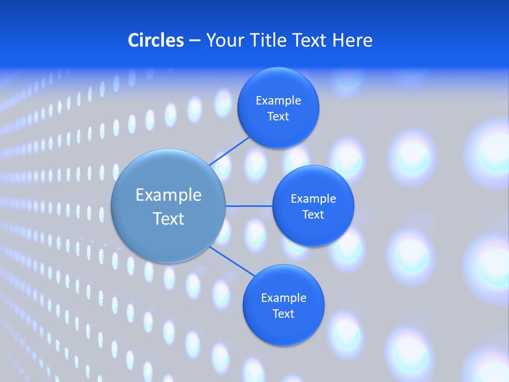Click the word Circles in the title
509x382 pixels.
[155, 40]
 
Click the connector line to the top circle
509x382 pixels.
[229, 151]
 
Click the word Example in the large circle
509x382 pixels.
[169, 195]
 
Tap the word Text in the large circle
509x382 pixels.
[169, 219]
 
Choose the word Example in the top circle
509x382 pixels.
[278, 100]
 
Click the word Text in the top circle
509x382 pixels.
[278, 117]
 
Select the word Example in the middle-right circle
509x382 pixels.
[313, 199]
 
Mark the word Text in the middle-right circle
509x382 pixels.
[313, 215]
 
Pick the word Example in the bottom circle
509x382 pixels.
[284, 298]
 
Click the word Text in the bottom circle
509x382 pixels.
[284, 314]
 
